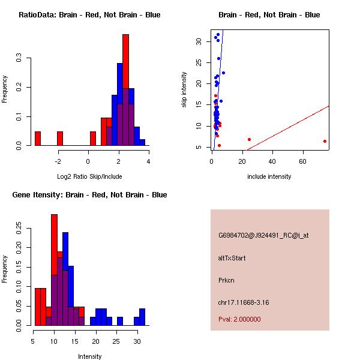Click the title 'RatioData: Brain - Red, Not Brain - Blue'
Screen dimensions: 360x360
point(89,14)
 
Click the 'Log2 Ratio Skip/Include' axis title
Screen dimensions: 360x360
point(89,176)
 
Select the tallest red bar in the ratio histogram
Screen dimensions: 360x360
point(125,90)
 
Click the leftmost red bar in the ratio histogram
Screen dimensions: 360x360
point(37,139)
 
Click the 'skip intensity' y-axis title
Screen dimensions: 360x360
point(185,89)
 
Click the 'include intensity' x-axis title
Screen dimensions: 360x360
point(269,176)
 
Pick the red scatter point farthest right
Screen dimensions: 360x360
point(325,142)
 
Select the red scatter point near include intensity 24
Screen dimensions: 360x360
point(249,139)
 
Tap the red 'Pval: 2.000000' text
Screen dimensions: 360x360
point(239,320)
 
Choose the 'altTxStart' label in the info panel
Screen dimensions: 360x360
point(232,258)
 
